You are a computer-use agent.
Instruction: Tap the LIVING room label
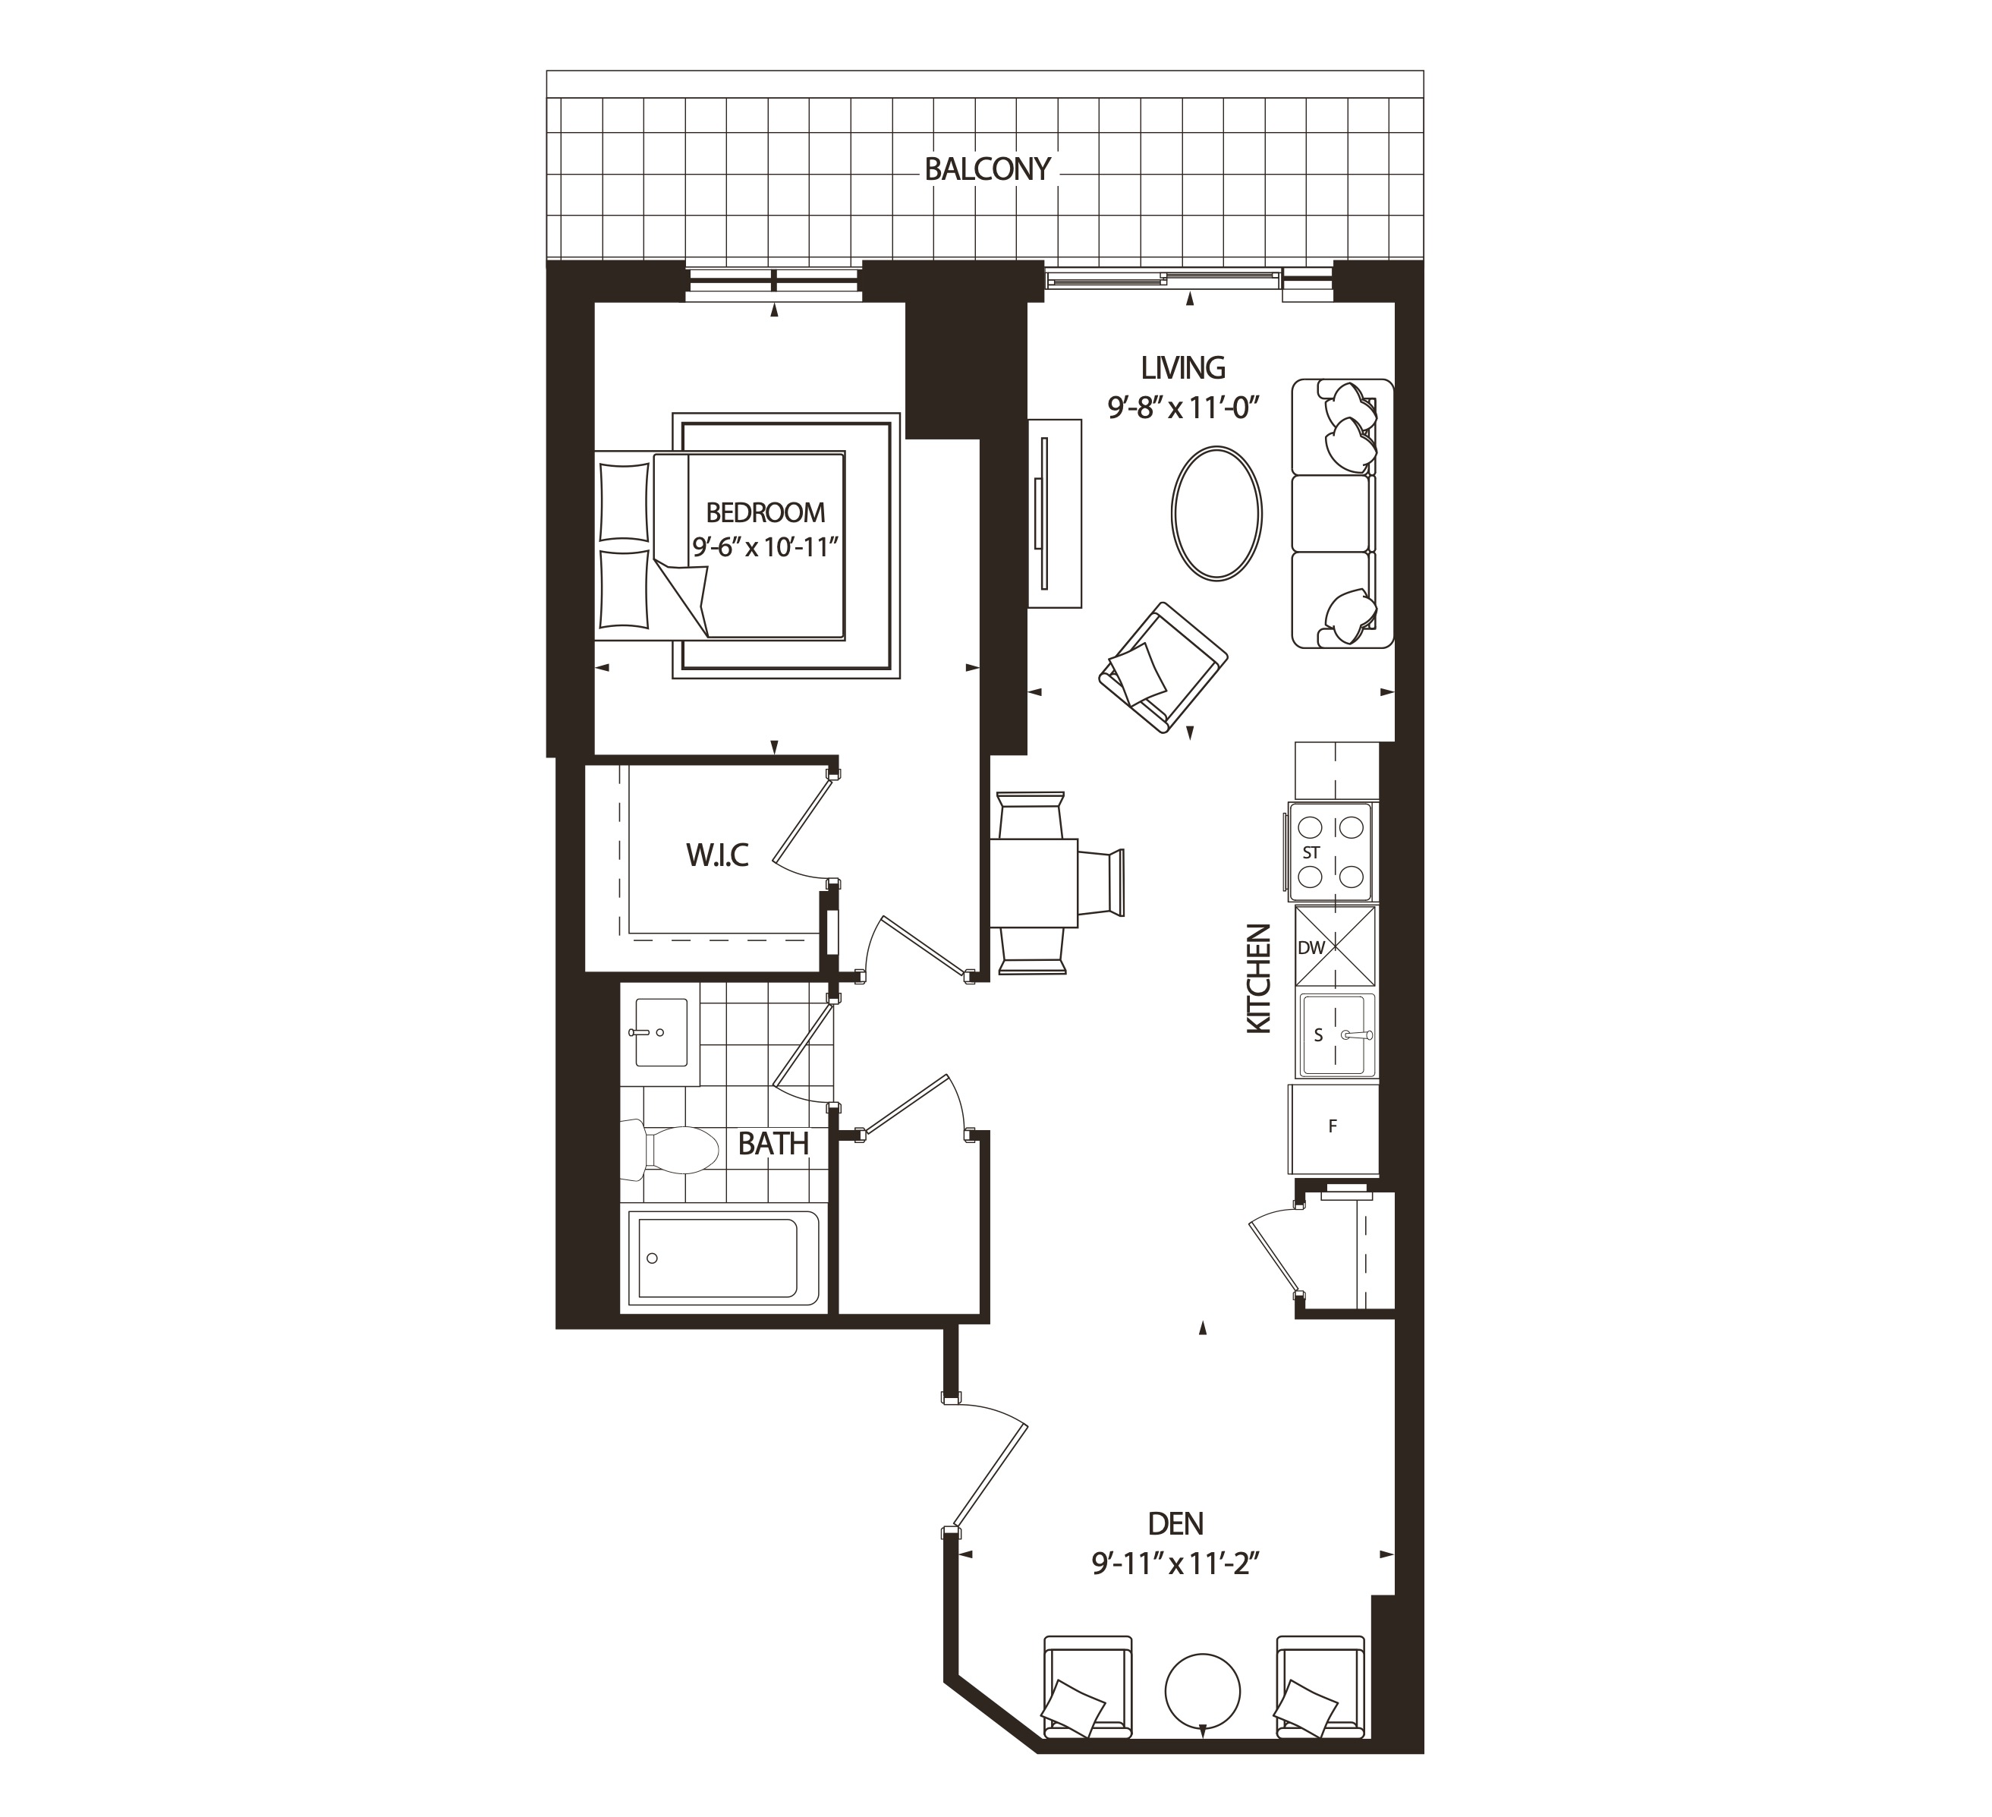pos(1183,367)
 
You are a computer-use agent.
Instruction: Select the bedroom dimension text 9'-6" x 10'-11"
pos(765,546)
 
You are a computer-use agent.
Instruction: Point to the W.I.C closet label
pos(717,855)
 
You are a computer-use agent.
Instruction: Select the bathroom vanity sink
pos(661,1032)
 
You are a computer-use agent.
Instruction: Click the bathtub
pos(719,1258)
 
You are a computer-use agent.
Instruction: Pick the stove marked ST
pos(1330,852)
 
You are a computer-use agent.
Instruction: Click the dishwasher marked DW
pos(1335,946)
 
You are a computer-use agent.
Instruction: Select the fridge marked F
pos(1333,1126)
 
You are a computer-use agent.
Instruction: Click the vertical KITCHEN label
pos(1258,978)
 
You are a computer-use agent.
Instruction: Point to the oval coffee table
pos(1216,513)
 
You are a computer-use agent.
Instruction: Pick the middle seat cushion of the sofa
pos(1332,513)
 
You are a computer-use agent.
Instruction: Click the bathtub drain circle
pos(652,1258)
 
